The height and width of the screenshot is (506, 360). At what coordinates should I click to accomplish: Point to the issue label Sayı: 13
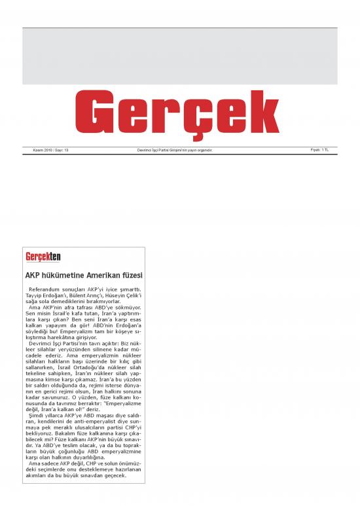click(62, 151)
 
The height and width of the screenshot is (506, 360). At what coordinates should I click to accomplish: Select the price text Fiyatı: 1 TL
click(319, 150)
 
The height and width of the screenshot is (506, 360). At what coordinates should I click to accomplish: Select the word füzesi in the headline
click(133, 274)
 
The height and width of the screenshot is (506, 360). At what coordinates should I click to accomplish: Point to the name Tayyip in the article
click(35, 295)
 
